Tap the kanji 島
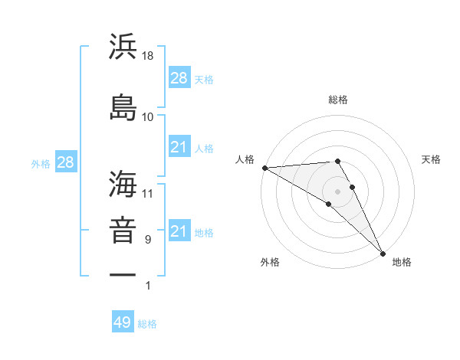(x=123, y=106)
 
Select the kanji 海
(x=123, y=183)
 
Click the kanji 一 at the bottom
(x=123, y=274)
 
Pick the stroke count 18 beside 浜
(x=148, y=56)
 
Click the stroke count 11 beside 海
(x=148, y=193)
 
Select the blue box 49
(x=123, y=322)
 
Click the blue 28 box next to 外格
(x=64, y=162)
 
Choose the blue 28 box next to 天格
(x=179, y=78)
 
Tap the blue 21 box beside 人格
(x=179, y=147)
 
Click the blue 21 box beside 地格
(x=179, y=231)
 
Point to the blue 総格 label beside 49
(x=147, y=323)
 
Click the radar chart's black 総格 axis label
(x=337, y=100)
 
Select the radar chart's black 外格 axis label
(x=270, y=262)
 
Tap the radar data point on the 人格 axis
(x=264, y=168)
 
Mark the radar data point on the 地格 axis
(x=383, y=252)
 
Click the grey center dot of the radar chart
(x=337, y=191)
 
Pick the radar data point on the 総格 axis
(x=337, y=161)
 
